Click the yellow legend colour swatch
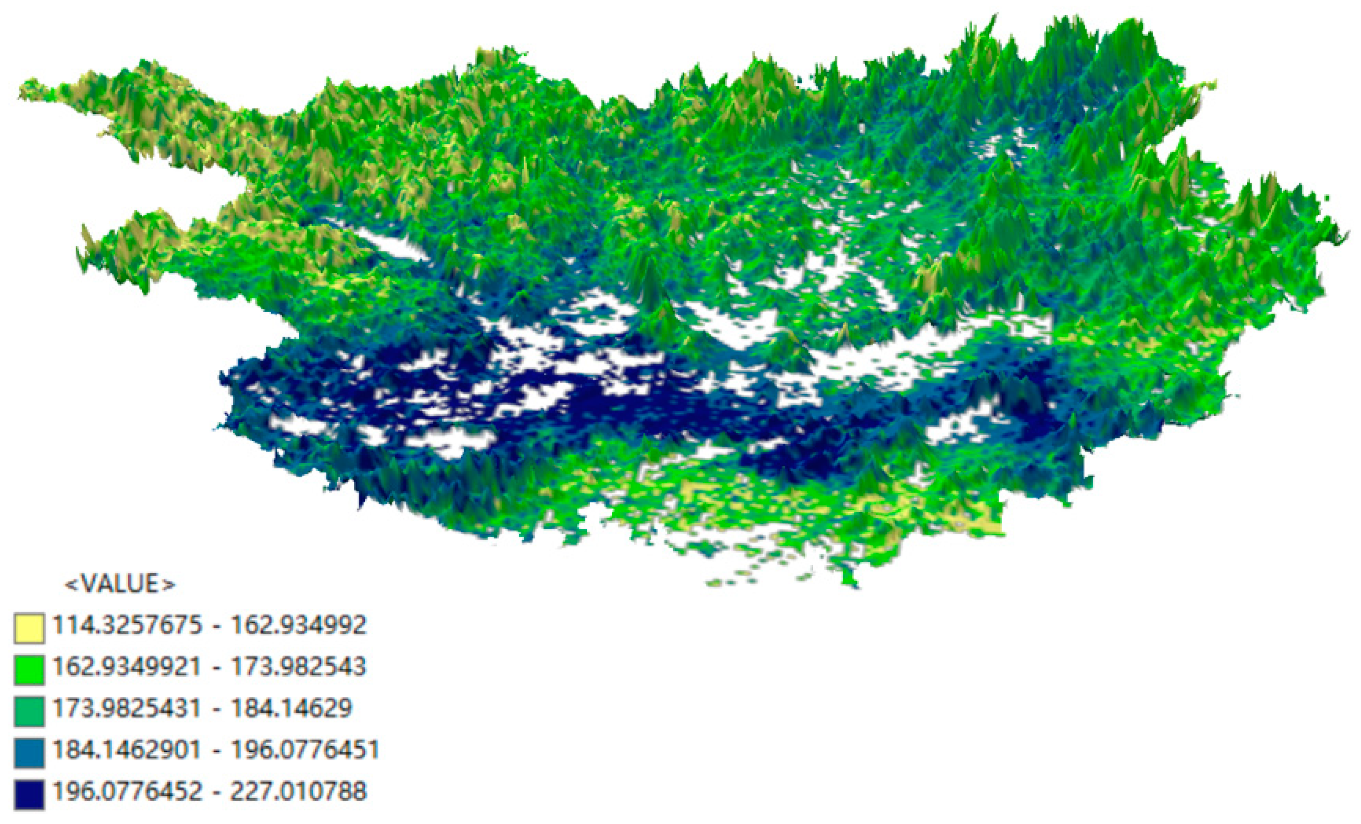tap(29, 628)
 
